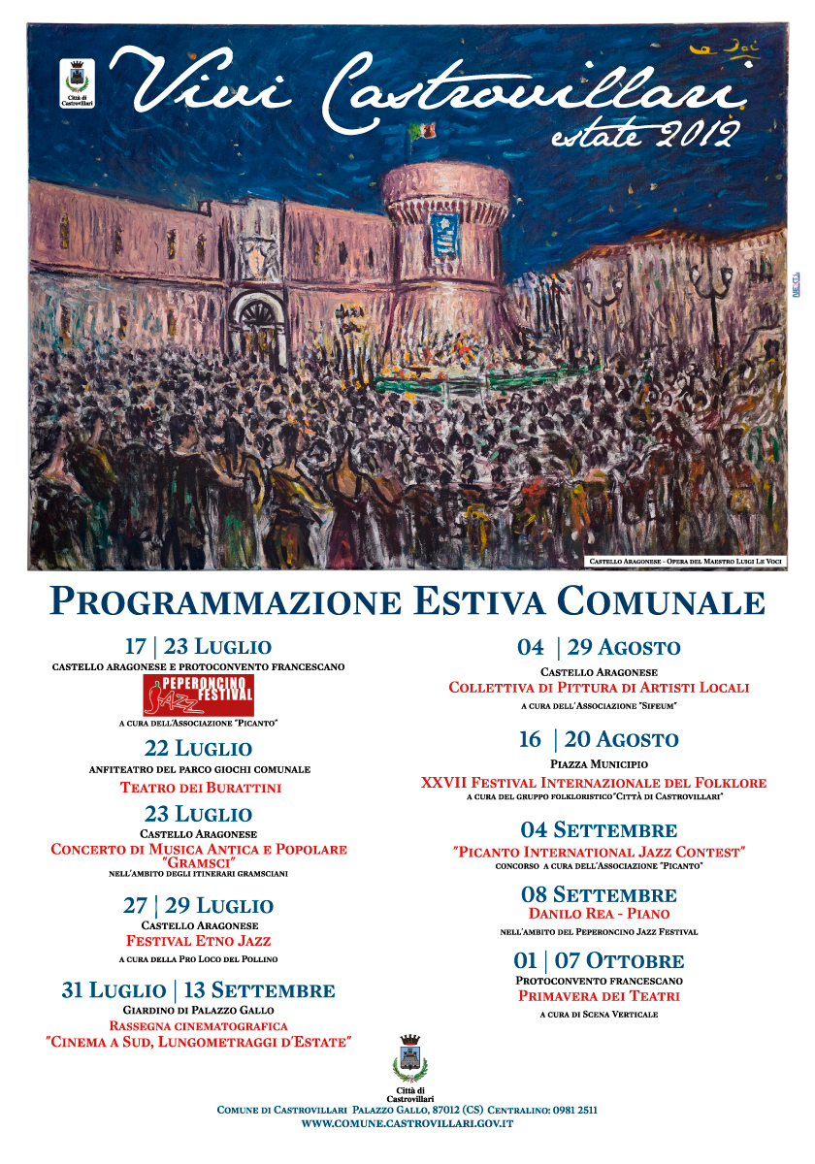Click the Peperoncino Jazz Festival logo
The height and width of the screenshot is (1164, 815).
coord(198,695)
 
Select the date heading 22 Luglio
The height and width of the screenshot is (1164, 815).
coord(198,749)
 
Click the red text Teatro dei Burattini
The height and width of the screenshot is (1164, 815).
coord(200,788)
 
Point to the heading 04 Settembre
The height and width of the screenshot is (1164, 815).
coord(599,830)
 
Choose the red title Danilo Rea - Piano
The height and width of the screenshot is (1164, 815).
coord(599,914)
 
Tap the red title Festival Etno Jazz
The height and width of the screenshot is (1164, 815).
coord(198,941)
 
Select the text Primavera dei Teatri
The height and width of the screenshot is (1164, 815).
coord(599,996)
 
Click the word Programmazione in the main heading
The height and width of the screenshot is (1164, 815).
coord(225,601)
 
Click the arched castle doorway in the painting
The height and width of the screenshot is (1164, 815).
coord(258,324)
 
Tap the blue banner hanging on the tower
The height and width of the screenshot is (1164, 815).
coord(445,234)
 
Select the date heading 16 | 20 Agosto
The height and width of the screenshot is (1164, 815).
coord(599,740)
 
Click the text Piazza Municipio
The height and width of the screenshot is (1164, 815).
coord(599,765)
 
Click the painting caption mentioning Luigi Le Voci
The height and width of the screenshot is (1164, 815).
coord(686,562)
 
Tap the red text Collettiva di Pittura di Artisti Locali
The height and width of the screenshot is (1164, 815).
coord(599,688)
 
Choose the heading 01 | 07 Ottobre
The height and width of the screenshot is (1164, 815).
coord(599,961)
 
